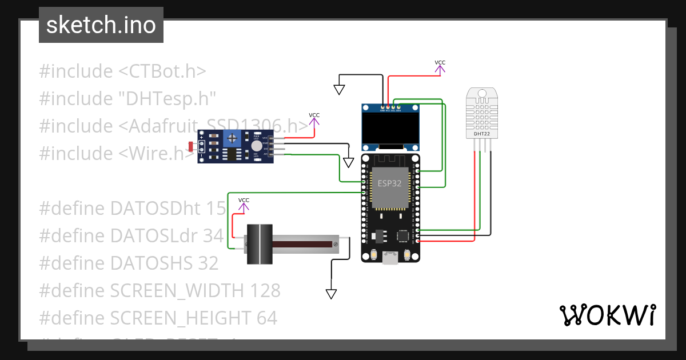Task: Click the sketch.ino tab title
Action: click(101, 25)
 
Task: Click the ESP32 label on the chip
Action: click(389, 183)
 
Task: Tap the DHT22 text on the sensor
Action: click(482, 134)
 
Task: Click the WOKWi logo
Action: click(607, 315)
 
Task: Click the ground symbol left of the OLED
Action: click(339, 90)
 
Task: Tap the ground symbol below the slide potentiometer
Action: click(331, 294)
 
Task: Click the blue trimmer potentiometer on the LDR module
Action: click(232, 137)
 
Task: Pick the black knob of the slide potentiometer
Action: click(260, 244)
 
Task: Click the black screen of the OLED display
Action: click(390, 129)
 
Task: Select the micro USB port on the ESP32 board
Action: click(390, 259)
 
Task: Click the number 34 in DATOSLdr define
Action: click(213, 235)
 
